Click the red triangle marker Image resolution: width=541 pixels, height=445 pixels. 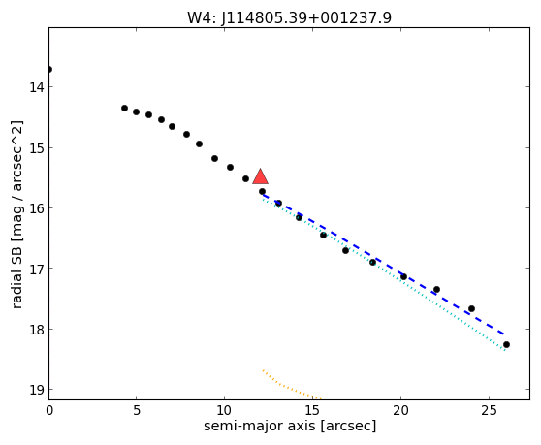[x=260, y=176]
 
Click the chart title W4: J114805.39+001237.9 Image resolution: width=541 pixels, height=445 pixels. [x=289, y=17]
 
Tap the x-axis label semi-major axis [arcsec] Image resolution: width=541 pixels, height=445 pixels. [x=290, y=426]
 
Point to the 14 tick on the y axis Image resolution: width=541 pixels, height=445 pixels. [x=37, y=87]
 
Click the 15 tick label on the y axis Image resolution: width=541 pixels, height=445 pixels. [x=37, y=147]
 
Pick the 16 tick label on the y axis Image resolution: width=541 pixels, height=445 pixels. [x=37, y=208]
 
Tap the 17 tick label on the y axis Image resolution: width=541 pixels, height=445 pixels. [x=37, y=268]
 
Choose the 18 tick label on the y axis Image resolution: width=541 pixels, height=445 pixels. [x=37, y=329]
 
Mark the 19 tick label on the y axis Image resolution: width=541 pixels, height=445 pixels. [x=37, y=390]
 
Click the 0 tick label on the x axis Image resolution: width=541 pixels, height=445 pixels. [x=49, y=410]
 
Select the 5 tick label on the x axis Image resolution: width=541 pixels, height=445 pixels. [x=137, y=410]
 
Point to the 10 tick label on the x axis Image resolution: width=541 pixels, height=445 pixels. [x=225, y=410]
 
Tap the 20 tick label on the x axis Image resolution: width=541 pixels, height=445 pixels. [x=401, y=410]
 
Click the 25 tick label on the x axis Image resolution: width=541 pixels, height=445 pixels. [x=489, y=410]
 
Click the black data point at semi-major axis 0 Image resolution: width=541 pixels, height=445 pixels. [x=49, y=70]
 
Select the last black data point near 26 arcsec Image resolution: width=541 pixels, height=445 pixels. [x=506, y=344]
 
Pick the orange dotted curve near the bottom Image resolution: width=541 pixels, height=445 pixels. [x=290, y=388]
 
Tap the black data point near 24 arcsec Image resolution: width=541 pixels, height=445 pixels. [x=471, y=308]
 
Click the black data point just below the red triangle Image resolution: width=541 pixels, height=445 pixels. [x=262, y=191]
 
